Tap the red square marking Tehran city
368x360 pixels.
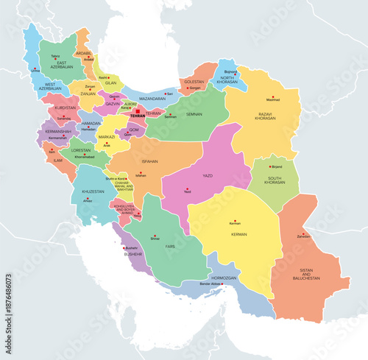tap(137, 111)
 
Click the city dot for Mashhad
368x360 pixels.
tap(273, 97)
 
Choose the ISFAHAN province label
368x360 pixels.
tap(142, 160)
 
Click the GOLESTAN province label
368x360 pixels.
tap(193, 81)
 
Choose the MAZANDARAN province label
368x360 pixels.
tap(152, 98)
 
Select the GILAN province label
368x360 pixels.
tap(111, 82)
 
